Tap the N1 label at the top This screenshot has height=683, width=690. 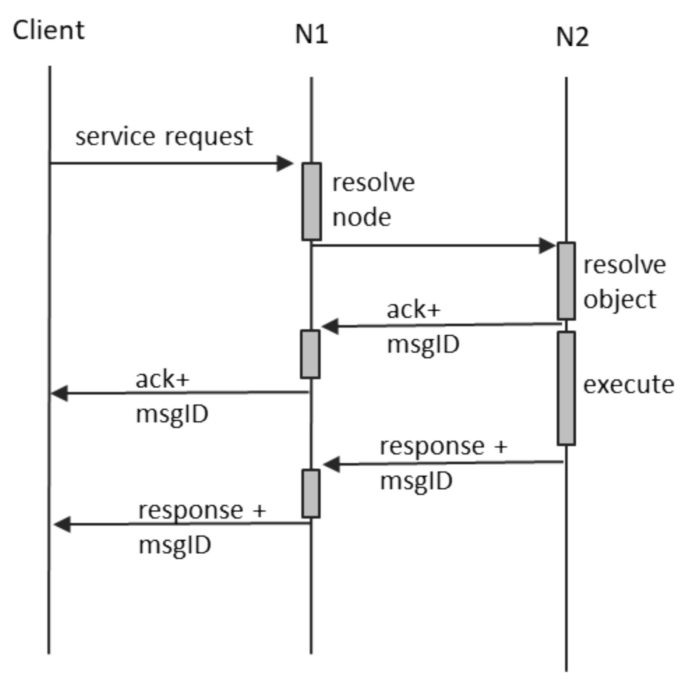(x=311, y=34)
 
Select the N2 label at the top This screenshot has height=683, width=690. (x=572, y=38)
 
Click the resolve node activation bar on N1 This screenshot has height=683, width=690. (x=312, y=201)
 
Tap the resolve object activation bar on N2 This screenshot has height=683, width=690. (x=566, y=281)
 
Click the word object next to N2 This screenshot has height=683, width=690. (x=619, y=300)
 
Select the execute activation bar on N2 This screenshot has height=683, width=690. (x=566, y=388)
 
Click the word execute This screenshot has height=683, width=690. (x=628, y=385)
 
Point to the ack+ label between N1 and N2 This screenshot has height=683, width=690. (x=414, y=310)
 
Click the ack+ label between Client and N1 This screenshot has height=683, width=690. (x=162, y=379)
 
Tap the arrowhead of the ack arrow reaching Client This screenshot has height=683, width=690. (x=59, y=393)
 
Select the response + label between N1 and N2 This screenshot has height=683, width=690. (x=443, y=446)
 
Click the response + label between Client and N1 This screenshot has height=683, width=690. (x=202, y=510)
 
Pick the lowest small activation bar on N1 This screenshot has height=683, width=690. (x=311, y=494)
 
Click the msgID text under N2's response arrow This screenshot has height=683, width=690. (x=416, y=481)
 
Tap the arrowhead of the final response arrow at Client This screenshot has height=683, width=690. (x=62, y=525)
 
